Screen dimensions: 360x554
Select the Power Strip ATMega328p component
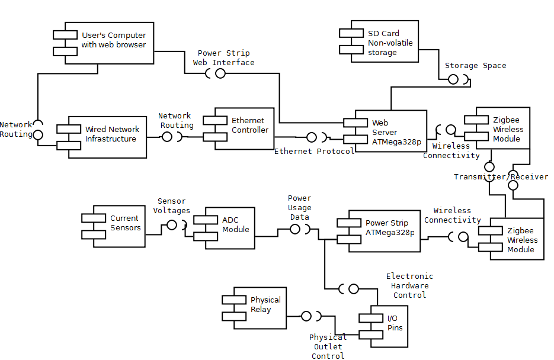tap(385, 230)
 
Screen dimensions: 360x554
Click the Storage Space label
tap(475, 66)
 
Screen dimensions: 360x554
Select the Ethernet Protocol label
tap(314, 152)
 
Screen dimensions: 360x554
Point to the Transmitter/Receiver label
tap(501, 176)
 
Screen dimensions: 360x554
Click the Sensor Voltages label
tap(172, 206)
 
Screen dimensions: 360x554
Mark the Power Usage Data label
tap(300, 208)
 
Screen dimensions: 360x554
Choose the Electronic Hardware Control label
tap(409, 285)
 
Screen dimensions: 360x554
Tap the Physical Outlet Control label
tap(328, 346)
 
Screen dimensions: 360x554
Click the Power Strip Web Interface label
tap(224, 57)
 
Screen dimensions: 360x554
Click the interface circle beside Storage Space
tap(453, 79)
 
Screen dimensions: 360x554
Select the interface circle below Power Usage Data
tap(294, 229)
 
